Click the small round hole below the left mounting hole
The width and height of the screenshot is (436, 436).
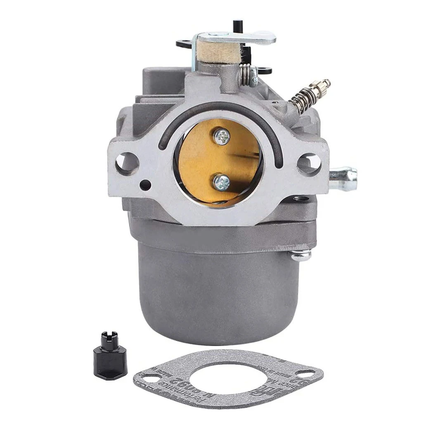pyautogui.click(x=145, y=185)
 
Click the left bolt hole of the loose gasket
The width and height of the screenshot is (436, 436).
pyautogui.click(x=152, y=378)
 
